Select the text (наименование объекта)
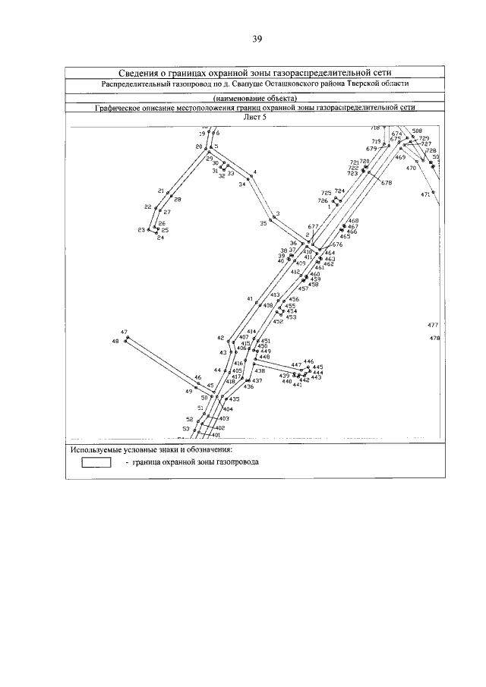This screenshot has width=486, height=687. (x=255, y=99)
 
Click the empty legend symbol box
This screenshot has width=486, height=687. (x=96, y=462)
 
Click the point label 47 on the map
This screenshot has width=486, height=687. (x=124, y=332)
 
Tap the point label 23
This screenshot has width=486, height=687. (x=141, y=229)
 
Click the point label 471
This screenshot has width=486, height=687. (x=425, y=194)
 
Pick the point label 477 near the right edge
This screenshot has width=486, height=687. (x=434, y=325)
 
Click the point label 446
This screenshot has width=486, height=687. (x=308, y=362)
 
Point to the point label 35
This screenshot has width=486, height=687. (x=263, y=223)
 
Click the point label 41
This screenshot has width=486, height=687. (x=249, y=298)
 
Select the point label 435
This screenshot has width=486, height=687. (x=235, y=399)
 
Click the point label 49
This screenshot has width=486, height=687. (x=188, y=391)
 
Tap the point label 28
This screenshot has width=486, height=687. (x=178, y=199)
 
